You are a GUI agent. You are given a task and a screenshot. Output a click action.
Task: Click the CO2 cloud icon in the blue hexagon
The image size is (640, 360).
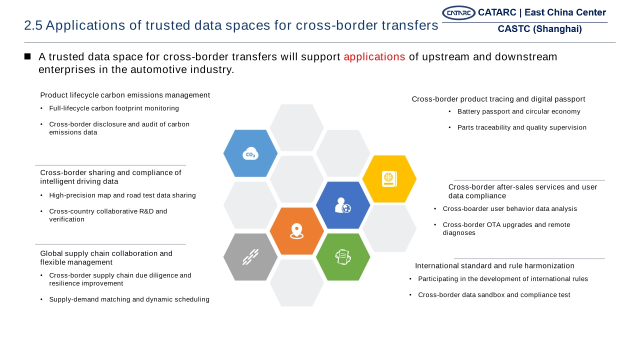click(250, 153)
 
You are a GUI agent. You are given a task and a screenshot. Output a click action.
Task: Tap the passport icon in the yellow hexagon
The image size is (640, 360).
click(389, 179)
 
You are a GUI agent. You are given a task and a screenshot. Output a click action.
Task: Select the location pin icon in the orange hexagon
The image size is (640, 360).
click(296, 231)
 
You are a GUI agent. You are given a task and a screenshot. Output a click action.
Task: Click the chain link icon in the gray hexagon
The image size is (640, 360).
click(250, 257)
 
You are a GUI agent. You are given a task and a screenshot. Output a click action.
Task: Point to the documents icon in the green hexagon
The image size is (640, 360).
click(343, 257)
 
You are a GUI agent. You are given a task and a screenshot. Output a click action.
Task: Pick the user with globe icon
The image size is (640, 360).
click(343, 205)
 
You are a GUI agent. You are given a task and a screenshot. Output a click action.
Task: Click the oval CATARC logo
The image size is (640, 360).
click(458, 13)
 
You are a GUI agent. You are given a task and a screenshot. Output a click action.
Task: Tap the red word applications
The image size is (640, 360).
click(374, 57)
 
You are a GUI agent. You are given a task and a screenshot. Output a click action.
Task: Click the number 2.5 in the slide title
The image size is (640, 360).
click(33, 25)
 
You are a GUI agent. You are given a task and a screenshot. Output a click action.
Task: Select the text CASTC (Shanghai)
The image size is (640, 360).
click(539, 29)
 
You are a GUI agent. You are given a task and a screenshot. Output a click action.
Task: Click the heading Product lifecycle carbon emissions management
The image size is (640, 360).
click(125, 95)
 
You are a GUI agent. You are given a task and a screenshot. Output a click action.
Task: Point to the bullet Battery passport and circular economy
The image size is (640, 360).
click(519, 111)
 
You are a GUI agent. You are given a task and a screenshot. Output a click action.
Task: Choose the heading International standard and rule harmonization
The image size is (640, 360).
click(494, 265)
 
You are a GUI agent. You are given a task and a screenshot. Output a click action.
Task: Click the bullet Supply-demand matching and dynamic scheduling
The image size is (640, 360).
click(129, 299)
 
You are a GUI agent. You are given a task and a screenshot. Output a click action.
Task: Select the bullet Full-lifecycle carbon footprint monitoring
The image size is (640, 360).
click(114, 108)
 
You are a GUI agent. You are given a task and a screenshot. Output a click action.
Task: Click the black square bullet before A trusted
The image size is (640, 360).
click(27, 56)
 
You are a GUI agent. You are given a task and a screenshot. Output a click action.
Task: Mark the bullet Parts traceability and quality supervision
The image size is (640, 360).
click(522, 127)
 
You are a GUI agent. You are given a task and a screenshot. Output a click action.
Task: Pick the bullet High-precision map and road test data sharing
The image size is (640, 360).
click(122, 195)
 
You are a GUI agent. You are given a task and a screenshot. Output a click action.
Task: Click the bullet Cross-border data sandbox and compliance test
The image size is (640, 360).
click(494, 295)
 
